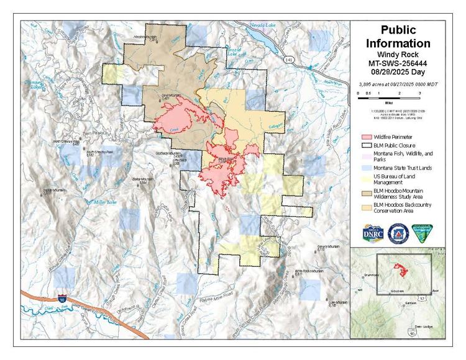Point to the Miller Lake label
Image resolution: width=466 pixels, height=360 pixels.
click(x=104, y=202)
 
